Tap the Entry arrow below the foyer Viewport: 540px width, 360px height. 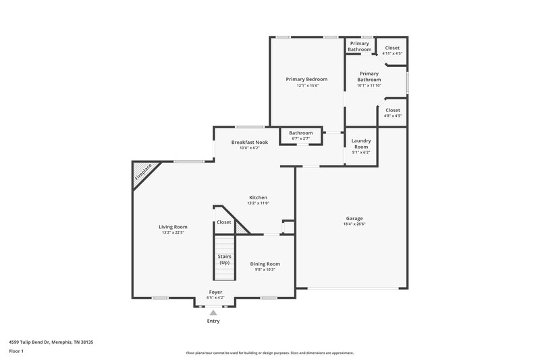coord(213,313)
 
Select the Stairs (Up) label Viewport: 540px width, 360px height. coord(224,259)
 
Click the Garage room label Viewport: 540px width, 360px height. coord(354,218)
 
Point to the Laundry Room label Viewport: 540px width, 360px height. coord(361,144)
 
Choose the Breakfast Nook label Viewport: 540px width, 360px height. coord(245,143)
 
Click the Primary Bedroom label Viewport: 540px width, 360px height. coord(307,79)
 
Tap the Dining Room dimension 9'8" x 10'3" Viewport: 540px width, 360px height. coord(265,269)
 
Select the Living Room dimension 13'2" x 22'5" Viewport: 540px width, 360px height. coord(173,232)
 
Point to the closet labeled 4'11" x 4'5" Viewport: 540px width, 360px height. coord(392,53)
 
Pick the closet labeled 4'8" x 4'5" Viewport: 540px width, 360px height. coord(392,115)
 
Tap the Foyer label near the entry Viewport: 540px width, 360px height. coord(214,292)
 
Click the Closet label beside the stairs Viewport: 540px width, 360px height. coord(223,222)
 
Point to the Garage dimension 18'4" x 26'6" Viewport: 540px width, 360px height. coord(354,224)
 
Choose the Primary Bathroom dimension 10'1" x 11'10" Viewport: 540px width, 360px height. coord(369,86)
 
